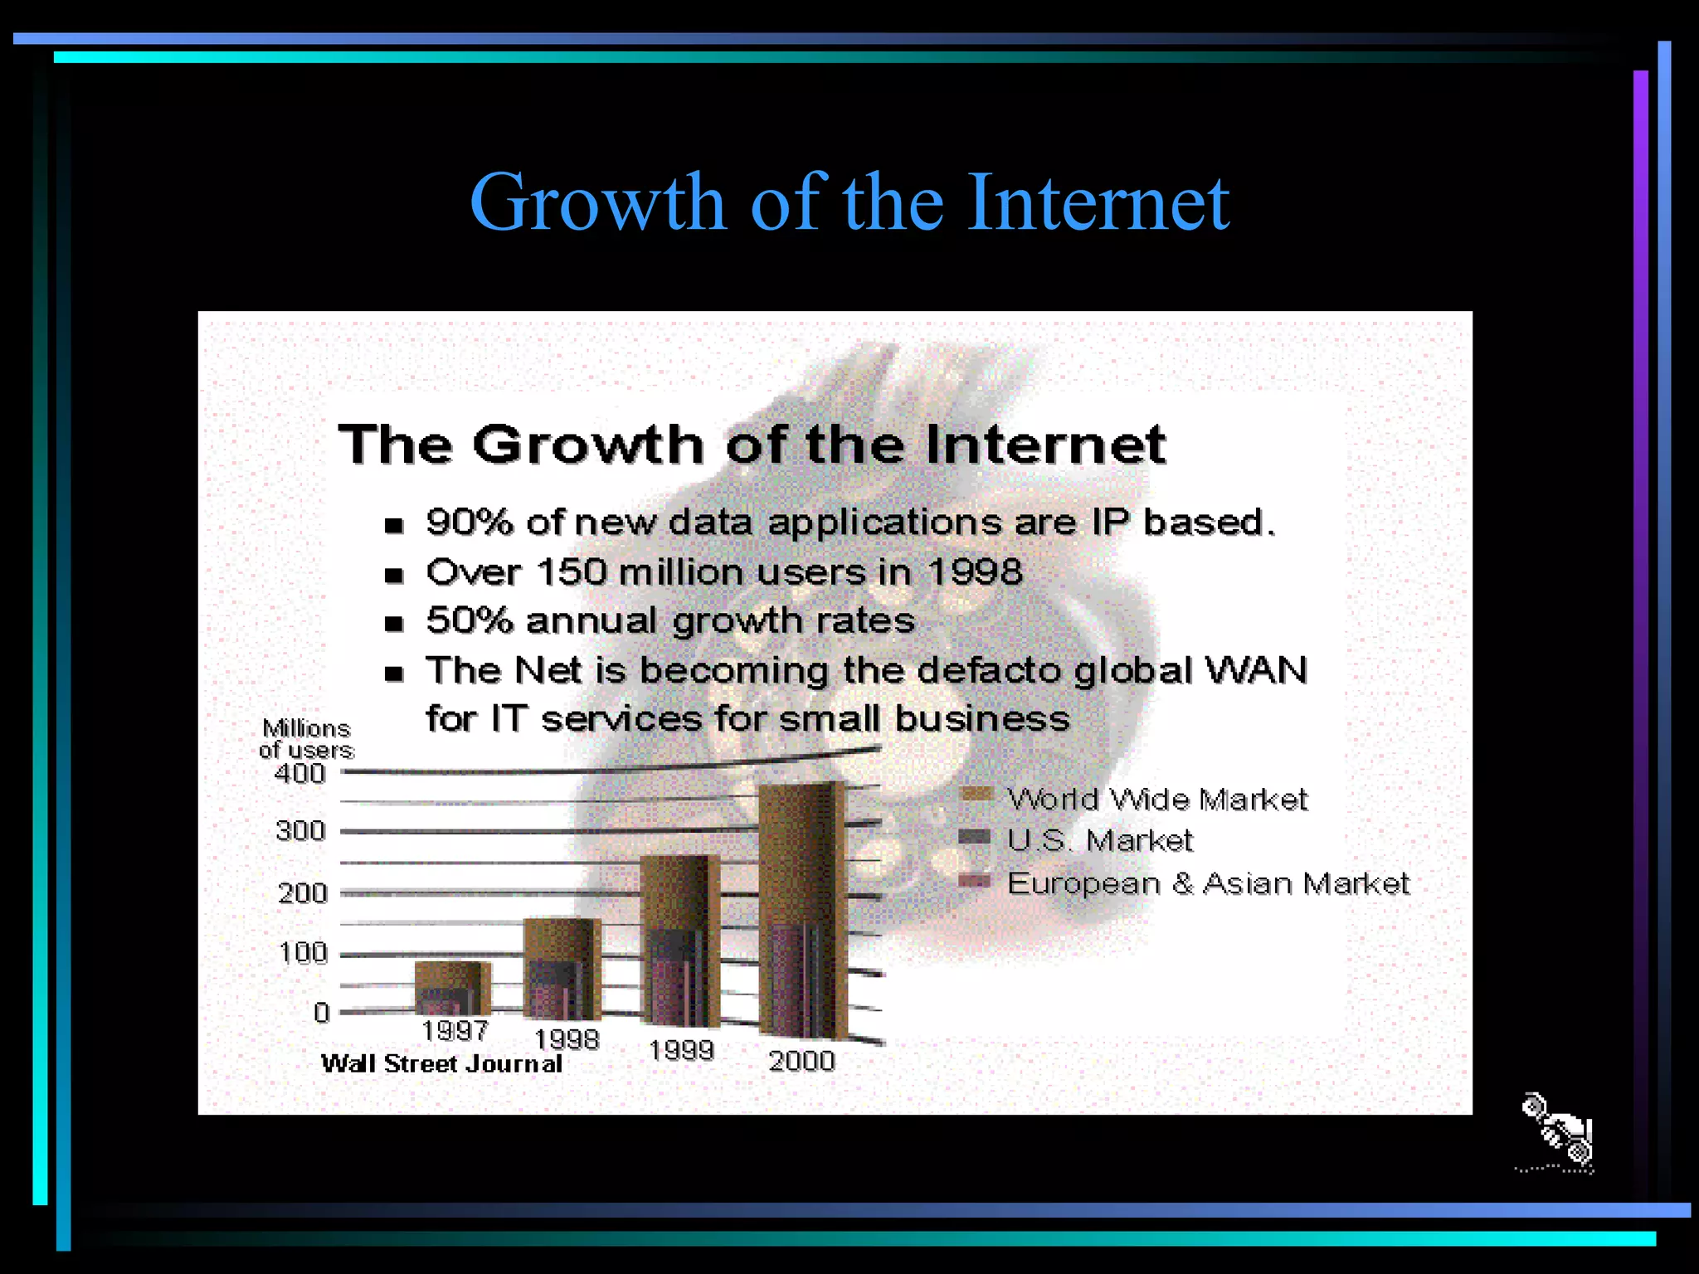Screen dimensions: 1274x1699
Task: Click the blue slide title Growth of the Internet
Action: tap(849, 202)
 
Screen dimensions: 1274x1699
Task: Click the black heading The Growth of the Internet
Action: tap(752, 444)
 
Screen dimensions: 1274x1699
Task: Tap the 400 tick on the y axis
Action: tap(299, 774)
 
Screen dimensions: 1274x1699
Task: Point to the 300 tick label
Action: tap(300, 830)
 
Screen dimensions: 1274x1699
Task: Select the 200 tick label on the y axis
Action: tap(302, 893)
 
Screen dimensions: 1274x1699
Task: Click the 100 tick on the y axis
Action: tap(303, 952)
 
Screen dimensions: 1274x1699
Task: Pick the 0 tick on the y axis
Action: tap(321, 1012)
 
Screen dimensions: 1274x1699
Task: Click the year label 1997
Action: tap(454, 1031)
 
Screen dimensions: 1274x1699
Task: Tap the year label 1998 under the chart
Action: tap(566, 1039)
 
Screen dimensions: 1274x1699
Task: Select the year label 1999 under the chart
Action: tap(681, 1050)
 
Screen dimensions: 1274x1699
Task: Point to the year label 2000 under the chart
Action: tap(801, 1061)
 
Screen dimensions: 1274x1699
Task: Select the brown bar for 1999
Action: tap(679, 892)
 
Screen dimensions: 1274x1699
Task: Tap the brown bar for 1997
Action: tap(451, 975)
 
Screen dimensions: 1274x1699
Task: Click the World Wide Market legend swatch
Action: tap(976, 794)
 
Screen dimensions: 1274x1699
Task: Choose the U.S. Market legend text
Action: tap(1100, 840)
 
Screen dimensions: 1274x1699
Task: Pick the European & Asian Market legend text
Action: tap(1208, 883)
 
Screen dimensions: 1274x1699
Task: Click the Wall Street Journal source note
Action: tap(441, 1063)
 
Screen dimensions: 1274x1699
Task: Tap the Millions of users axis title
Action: tap(306, 739)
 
